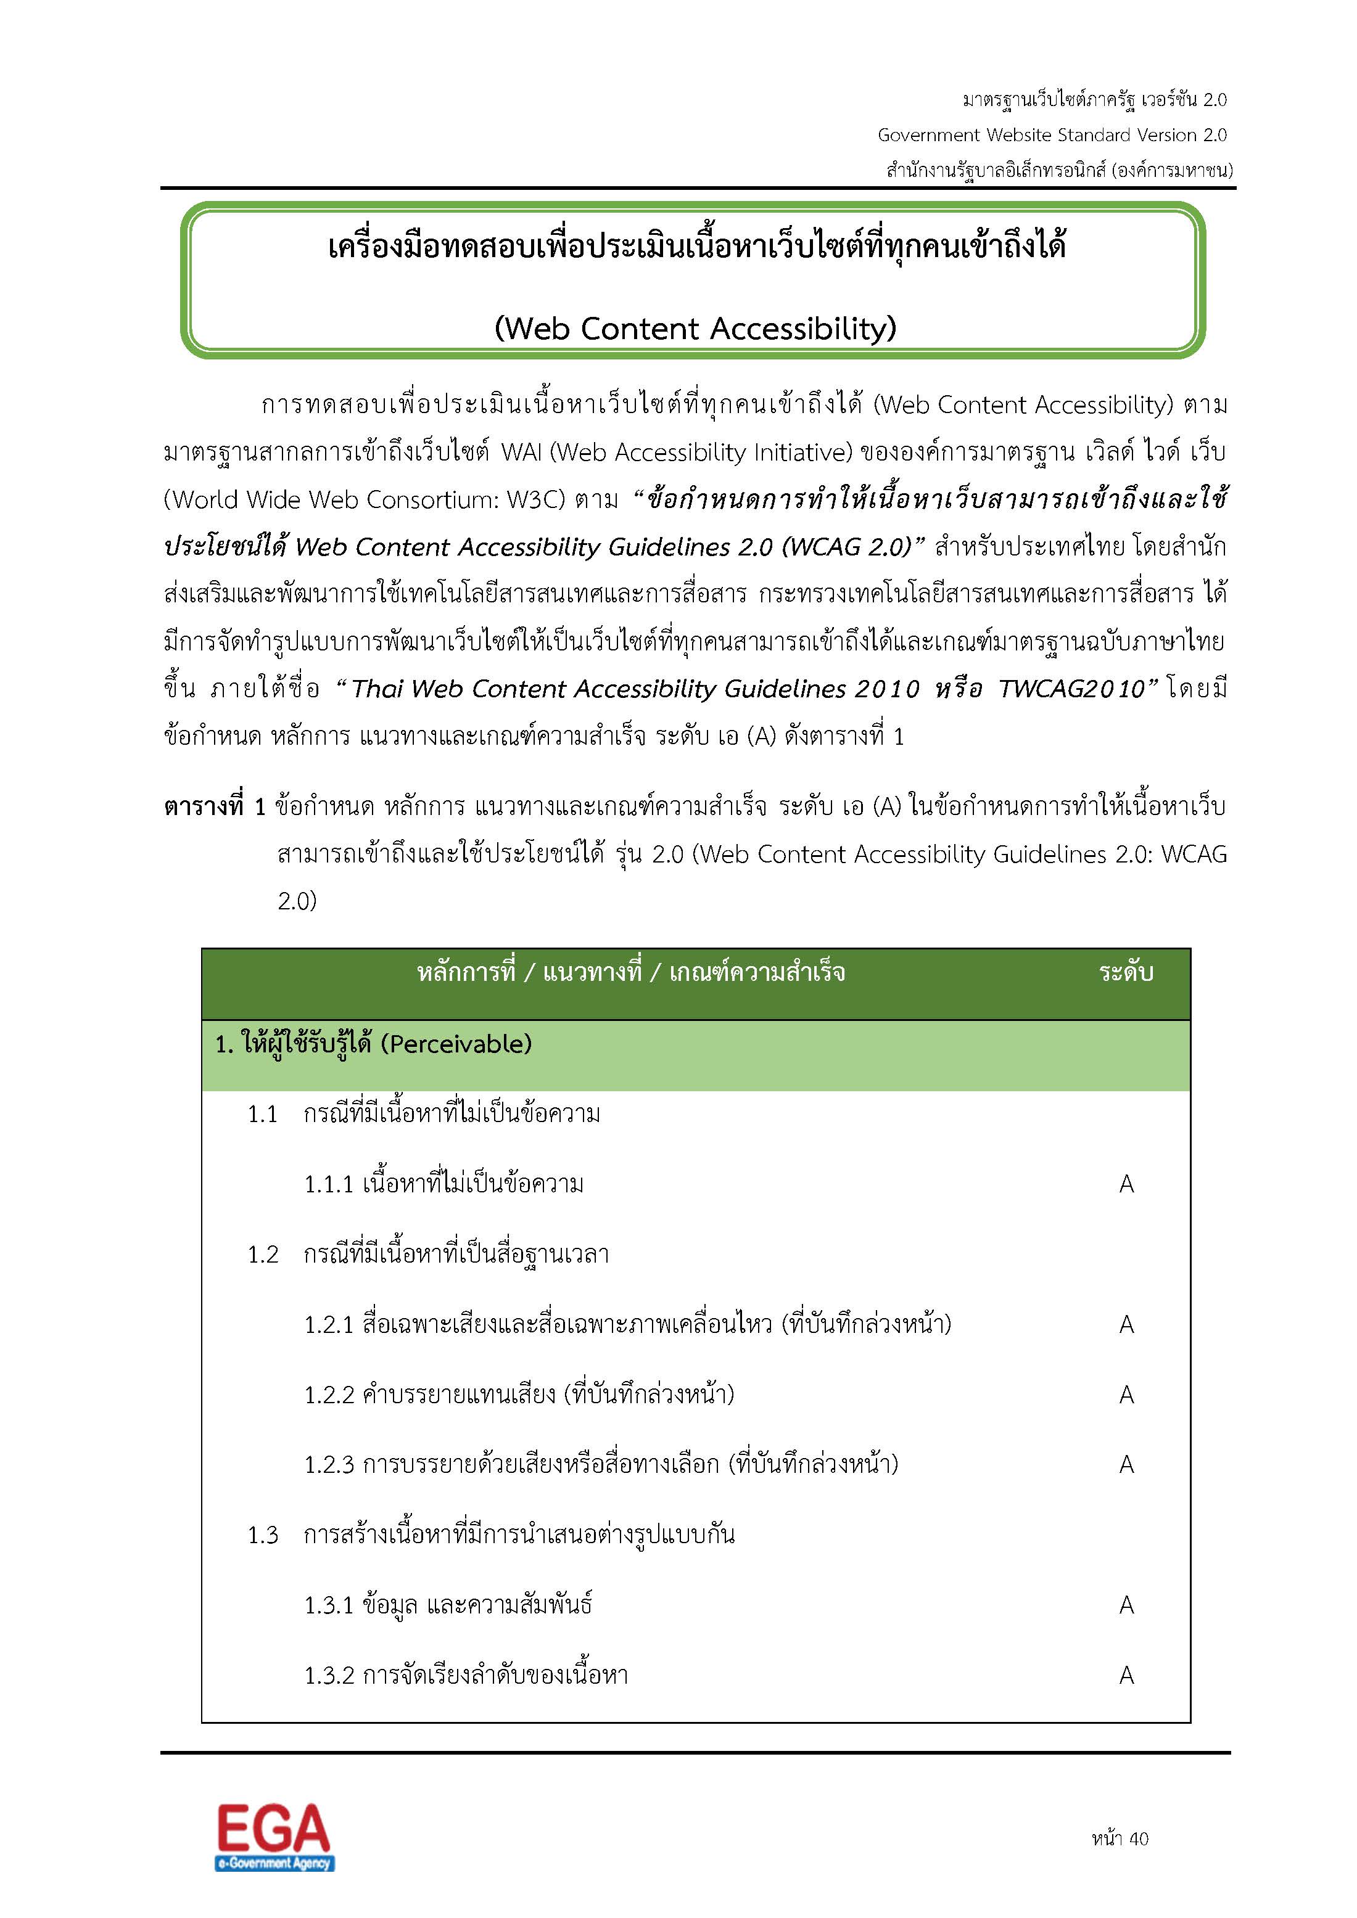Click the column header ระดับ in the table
pyautogui.click(x=1126, y=972)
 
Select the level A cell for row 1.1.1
pyautogui.click(x=1126, y=1184)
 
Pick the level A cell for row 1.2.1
pyautogui.click(x=1126, y=1324)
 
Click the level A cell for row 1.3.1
pyautogui.click(x=1126, y=1605)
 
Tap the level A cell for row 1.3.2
pyautogui.click(x=1126, y=1675)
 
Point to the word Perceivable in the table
pyautogui.click(x=456, y=1044)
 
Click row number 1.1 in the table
pyautogui.click(x=262, y=1115)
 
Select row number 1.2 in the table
pyautogui.click(x=262, y=1255)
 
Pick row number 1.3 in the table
pyautogui.click(x=262, y=1535)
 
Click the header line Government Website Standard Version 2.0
pyautogui.click(x=1051, y=136)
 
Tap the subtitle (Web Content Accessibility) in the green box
pyautogui.click(x=695, y=329)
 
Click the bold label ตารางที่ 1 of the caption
pyautogui.click(x=214, y=807)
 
